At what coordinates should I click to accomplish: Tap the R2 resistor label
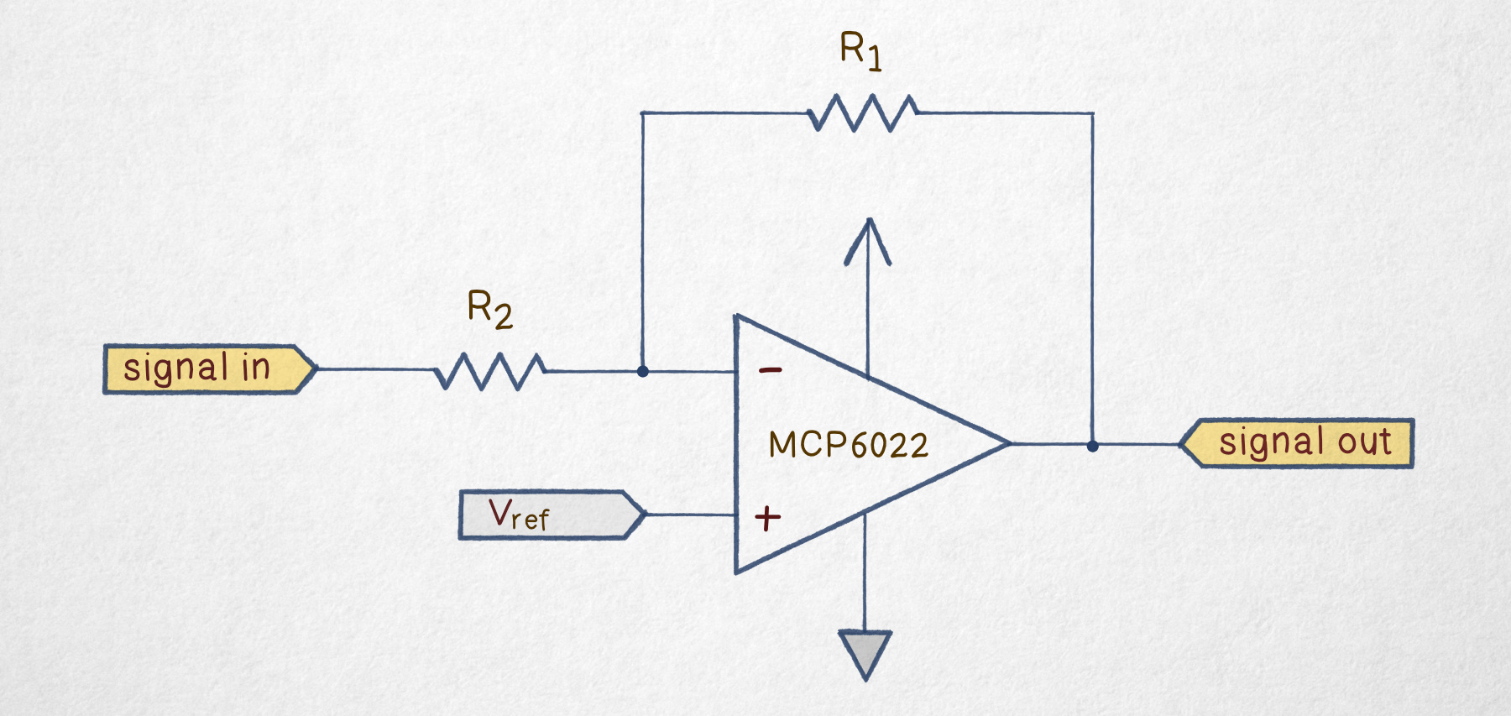[489, 309]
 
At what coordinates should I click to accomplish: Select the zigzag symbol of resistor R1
[862, 112]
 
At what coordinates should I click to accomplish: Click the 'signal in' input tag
[209, 368]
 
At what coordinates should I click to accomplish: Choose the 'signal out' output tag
[1297, 442]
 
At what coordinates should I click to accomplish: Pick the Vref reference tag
[552, 515]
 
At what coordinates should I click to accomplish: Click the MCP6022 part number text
[848, 445]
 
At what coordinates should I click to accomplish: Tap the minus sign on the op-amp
[771, 369]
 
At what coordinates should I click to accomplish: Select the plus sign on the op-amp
[767, 518]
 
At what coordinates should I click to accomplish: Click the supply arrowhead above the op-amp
[868, 241]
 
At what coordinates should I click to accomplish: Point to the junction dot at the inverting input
[642, 371]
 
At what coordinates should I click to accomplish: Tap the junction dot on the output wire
[1092, 446]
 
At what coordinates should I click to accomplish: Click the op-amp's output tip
[1010, 443]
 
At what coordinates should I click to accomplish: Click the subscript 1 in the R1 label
[874, 59]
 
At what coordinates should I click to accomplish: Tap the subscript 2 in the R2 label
[503, 316]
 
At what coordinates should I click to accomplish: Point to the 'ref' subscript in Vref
[530, 518]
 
